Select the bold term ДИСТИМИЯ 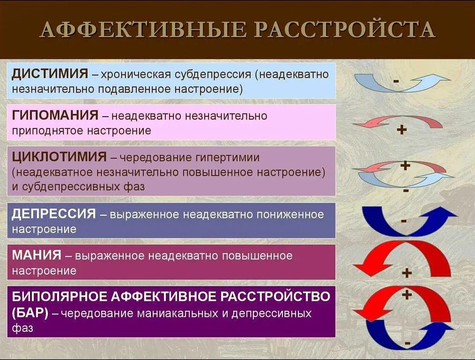(x=50, y=74)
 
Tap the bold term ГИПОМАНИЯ (x=55, y=115)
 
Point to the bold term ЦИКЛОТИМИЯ (x=59, y=157)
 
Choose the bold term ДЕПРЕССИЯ (x=54, y=214)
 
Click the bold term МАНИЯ (x=37, y=255)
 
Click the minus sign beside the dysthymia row (x=396, y=81)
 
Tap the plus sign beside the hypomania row (x=401, y=130)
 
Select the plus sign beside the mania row (x=406, y=273)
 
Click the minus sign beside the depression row (x=403, y=220)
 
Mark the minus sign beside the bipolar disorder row (x=408, y=344)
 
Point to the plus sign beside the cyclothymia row (x=405, y=165)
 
